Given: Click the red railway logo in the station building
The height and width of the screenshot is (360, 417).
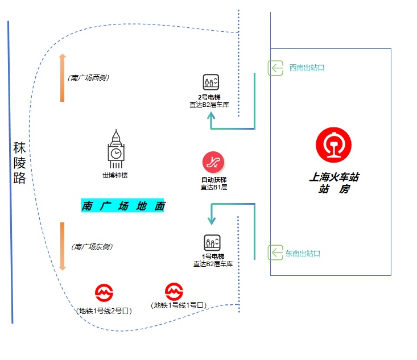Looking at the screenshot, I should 334,144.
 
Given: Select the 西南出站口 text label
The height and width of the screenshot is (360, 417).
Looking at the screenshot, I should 307,68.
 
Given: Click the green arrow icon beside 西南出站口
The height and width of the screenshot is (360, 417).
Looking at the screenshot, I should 276,68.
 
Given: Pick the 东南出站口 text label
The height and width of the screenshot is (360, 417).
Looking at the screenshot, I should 303,253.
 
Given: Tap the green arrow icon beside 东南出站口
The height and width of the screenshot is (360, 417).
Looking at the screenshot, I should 276,253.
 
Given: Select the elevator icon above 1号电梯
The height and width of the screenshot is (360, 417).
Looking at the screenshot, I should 212,243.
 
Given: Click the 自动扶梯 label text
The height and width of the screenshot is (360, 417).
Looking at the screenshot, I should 213,180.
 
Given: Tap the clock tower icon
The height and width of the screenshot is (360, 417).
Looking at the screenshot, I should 115,149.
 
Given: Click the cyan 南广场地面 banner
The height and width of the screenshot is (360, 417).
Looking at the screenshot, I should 123,206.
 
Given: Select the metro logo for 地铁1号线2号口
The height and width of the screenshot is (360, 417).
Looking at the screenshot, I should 104,293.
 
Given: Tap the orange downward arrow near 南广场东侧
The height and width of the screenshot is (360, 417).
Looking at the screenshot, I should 63,246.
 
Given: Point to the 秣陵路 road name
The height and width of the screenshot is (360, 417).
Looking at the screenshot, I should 20,164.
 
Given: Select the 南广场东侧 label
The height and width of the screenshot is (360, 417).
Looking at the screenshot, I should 92,247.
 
